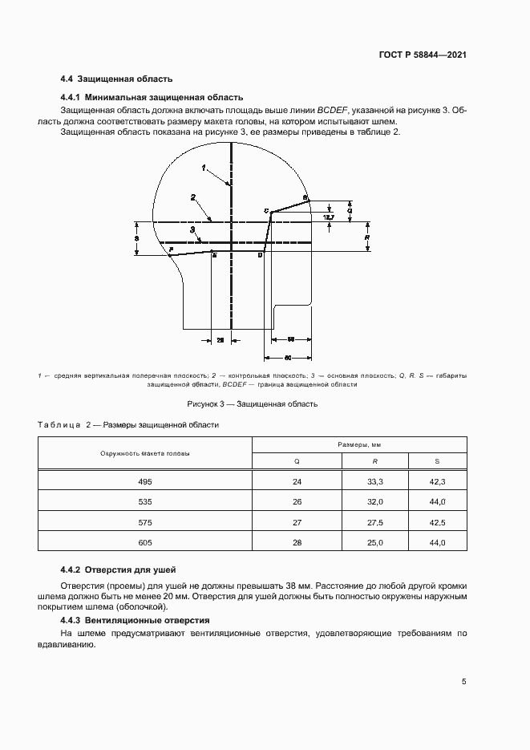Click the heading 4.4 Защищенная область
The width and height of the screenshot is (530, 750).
click(116, 79)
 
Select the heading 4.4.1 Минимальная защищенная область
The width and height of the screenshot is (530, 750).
click(146, 97)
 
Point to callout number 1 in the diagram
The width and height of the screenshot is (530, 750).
click(204, 168)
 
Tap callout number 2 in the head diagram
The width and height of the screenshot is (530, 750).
click(193, 197)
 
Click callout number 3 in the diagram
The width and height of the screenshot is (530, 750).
click(193, 229)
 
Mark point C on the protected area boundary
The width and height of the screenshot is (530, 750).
click(266, 210)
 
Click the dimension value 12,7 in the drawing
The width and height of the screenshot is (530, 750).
click(327, 217)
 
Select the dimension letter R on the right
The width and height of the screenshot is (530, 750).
click(366, 237)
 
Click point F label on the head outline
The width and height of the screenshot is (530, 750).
click(171, 249)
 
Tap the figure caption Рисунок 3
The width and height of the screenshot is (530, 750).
click(253, 403)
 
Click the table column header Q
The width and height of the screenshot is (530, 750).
click(297, 461)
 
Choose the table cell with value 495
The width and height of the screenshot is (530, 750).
click(144, 481)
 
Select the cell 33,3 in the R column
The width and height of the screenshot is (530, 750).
click(375, 481)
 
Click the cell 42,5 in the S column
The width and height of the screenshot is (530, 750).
click(438, 522)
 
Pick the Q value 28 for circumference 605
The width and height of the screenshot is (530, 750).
click(297, 543)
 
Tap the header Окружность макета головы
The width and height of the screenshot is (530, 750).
click(145, 453)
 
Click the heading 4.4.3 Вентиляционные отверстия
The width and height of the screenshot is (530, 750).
click(135, 621)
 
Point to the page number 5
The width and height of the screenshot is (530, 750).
click(463, 682)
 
